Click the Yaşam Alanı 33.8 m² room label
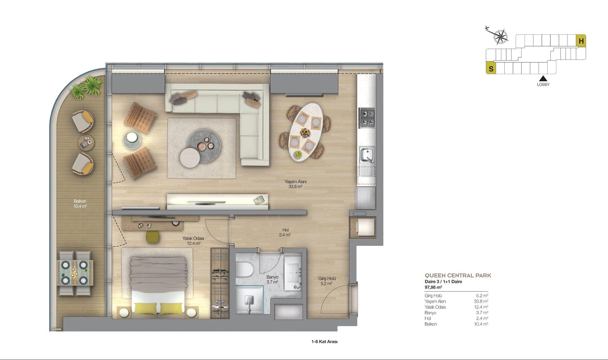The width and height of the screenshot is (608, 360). coord(295,184)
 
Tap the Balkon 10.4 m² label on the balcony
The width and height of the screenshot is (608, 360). coord(80,203)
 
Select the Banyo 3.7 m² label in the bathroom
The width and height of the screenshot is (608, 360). coord(272,279)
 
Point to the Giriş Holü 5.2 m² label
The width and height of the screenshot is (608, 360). coord(327,281)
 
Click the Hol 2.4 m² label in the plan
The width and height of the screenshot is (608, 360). coord(285,232)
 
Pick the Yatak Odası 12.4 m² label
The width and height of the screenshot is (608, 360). coord(193,241)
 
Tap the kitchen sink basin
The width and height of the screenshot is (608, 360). coord(367,155)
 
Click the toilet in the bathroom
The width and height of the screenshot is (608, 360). coord(244,269)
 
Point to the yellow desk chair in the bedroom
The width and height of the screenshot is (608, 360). coord(153,236)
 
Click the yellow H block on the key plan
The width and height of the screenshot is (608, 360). coord(581,41)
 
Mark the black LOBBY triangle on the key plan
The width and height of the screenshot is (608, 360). coord(543,78)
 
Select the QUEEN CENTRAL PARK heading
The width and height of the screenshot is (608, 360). coord(458,275)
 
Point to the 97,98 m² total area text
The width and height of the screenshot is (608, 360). coord(433,287)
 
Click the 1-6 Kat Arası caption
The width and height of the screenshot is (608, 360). coord(324,342)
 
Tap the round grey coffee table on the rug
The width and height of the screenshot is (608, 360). coord(204,146)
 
